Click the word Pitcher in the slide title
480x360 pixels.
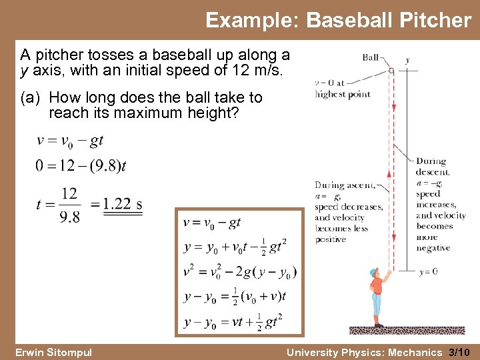tap(435, 21)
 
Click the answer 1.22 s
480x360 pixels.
tap(123, 204)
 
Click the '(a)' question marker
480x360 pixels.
tap(32, 98)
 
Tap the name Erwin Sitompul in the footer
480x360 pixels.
tap(53, 352)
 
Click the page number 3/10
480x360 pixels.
tap(461, 352)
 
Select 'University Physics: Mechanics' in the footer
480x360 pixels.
tap(364, 352)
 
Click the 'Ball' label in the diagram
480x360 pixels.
tap(371, 57)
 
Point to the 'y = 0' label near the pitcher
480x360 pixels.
tap(429, 271)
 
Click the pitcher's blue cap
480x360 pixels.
tap(373, 273)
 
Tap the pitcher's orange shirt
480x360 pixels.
tap(377, 285)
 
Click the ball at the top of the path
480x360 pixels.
tap(391, 69)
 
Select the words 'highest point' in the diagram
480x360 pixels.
tap(343, 94)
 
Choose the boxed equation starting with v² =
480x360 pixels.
tap(240, 272)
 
